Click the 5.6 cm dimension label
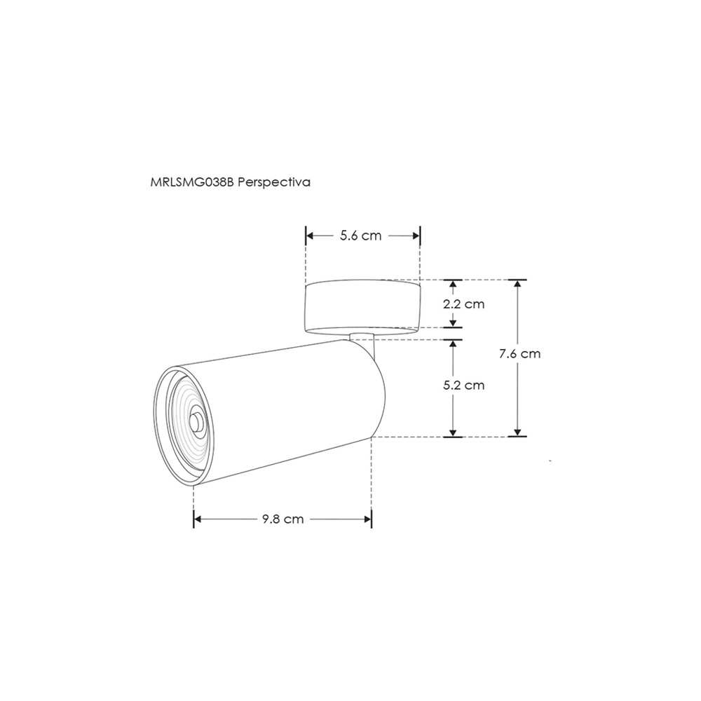(360, 236)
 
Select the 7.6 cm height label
(519, 354)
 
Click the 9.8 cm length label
(283, 519)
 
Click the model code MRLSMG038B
(193, 182)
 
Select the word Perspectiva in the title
(274, 182)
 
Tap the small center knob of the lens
(198, 422)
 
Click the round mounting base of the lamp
(363, 305)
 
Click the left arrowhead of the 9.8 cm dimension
(198, 519)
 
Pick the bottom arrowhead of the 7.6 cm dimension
(517, 432)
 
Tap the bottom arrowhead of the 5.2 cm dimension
(454, 432)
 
